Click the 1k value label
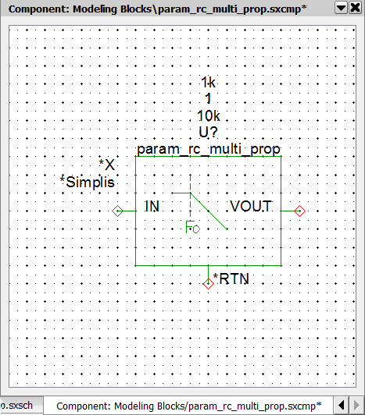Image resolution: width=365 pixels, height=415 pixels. (x=208, y=83)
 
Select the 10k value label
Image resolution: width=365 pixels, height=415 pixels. (x=209, y=115)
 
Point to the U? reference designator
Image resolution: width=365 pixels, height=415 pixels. (x=208, y=132)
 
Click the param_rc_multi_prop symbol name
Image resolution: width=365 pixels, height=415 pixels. (x=209, y=150)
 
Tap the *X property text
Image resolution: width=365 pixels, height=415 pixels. (x=106, y=165)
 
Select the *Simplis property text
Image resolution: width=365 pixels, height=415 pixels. (x=88, y=182)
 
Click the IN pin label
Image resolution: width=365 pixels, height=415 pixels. (x=152, y=206)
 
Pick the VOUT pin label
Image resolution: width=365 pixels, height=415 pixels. (x=251, y=206)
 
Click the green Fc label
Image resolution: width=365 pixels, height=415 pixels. (x=192, y=227)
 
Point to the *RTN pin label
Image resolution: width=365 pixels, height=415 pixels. (x=231, y=278)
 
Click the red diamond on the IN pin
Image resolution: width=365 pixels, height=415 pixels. (x=117, y=211)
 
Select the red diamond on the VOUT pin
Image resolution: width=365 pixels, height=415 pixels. (x=300, y=211)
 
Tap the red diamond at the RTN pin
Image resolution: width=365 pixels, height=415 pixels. (x=208, y=284)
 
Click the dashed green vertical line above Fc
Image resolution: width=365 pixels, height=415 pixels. (x=190, y=196)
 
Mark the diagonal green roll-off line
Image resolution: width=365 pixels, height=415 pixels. (x=209, y=211)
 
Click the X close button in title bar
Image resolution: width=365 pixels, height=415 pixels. (x=356, y=8)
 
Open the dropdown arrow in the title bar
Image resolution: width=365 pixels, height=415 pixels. (x=341, y=8)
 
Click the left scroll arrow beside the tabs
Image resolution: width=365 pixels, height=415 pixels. (x=341, y=405)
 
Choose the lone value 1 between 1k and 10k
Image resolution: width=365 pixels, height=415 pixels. (x=208, y=99)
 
